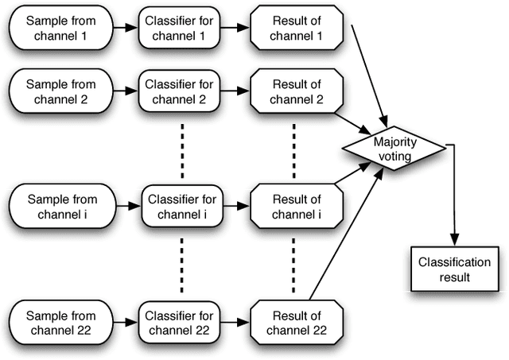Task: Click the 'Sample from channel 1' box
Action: pos(58,26)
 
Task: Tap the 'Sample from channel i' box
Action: pos(58,206)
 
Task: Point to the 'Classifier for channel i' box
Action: pos(179,206)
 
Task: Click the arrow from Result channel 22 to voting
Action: pos(342,238)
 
